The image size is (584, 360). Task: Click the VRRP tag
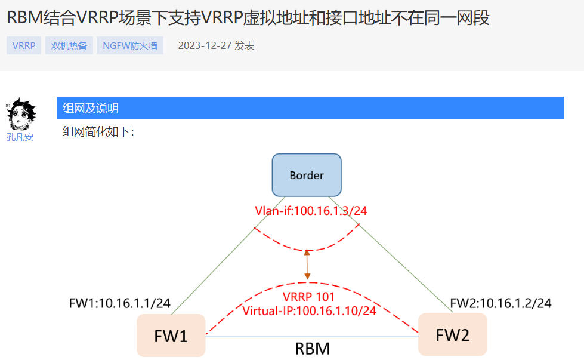click(x=24, y=45)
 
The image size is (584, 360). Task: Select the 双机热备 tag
click(x=69, y=45)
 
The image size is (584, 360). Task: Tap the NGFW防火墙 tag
click(x=129, y=45)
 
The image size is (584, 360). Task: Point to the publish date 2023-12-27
click(x=205, y=45)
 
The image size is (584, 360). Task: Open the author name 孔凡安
click(x=20, y=137)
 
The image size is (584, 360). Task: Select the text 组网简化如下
click(x=98, y=132)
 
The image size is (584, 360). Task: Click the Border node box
click(x=307, y=175)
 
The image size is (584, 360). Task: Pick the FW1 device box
click(x=171, y=336)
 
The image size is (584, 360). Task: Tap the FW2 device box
click(x=452, y=334)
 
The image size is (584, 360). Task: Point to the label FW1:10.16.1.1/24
click(x=120, y=303)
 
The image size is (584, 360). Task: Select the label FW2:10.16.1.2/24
click(x=500, y=303)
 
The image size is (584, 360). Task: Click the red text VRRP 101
click(x=309, y=297)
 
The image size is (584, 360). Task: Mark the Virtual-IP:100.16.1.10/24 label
click(x=309, y=310)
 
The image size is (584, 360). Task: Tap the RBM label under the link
click(x=313, y=348)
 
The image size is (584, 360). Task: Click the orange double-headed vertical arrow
click(x=307, y=264)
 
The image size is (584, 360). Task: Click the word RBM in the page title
click(x=25, y=18)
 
